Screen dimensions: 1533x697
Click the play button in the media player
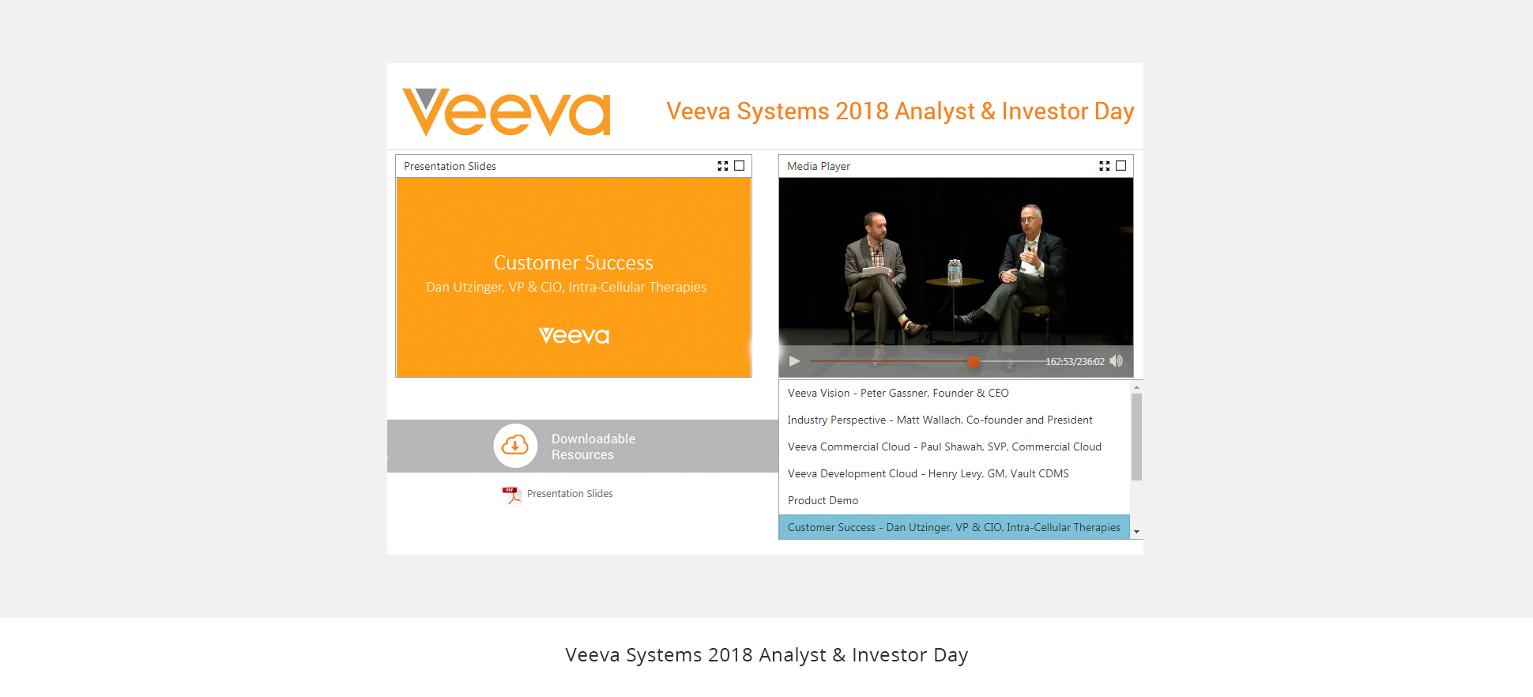(794, 361)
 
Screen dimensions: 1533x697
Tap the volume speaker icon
(1116, 361)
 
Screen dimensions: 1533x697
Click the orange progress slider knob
(974, 361)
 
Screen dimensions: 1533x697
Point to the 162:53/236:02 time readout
(1075, 362)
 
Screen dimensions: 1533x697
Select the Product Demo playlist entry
(823, 500)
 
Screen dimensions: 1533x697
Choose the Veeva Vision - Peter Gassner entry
(898, 393)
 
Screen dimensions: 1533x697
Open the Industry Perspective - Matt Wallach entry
(940, 420)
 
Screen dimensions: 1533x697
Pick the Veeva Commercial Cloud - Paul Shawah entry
(944, 446)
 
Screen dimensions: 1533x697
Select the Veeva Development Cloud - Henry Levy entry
(928, 473)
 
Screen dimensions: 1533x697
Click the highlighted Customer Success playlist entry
(954, 527)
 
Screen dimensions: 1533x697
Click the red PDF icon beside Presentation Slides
(512, 495)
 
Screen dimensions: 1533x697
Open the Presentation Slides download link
(570, 494)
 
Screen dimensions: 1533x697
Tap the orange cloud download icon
(515, 446)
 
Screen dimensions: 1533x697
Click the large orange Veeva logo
(507, 112)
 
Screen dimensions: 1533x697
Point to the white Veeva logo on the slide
(574, 336)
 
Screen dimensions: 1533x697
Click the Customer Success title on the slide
(574, 263)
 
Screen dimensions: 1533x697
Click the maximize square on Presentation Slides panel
(740, 166)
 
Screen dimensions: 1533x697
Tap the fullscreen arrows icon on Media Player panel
(1104, 166)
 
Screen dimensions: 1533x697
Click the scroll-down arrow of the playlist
(1136, 532)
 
